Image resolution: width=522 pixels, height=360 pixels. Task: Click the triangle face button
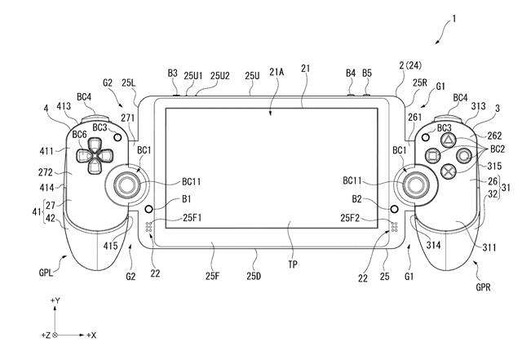[448, 140]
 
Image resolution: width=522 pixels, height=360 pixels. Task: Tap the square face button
[433, 156]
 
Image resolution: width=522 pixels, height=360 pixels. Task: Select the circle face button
[464, 155]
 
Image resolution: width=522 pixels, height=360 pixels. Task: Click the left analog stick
[127, 184]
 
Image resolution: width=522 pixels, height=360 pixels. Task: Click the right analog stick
[415, 184]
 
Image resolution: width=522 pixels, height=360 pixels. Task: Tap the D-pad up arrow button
[95, 144]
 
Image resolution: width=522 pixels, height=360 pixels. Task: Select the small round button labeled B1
[148, 209]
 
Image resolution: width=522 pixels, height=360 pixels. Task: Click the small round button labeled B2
[394, 209]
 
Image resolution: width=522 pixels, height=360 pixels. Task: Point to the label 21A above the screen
[276, 72]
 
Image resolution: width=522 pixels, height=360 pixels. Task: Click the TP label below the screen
[293, 264]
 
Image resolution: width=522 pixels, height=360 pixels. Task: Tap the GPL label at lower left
[46, 273]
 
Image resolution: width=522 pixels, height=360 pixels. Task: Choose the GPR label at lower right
[483, 287]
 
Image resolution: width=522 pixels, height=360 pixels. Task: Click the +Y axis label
[55, 300]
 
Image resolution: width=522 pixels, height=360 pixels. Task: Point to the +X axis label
[91, 336]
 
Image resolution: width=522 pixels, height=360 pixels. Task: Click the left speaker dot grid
[148, 227]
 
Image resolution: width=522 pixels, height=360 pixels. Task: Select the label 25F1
[192, 218]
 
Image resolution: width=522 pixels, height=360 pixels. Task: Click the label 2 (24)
[410, 65]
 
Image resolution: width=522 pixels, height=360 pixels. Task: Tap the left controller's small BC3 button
[117, 136]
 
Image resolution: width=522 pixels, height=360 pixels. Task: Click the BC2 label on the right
[498, 149]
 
